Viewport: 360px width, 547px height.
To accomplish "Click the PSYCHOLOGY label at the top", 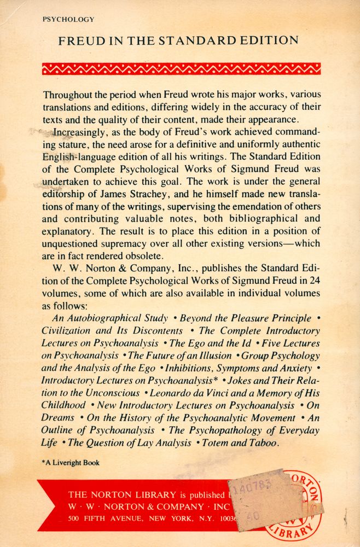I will tap(68, 19).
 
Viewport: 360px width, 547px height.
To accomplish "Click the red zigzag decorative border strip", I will tap(181, 68).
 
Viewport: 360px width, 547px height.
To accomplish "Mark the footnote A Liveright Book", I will tap(71, 462).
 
